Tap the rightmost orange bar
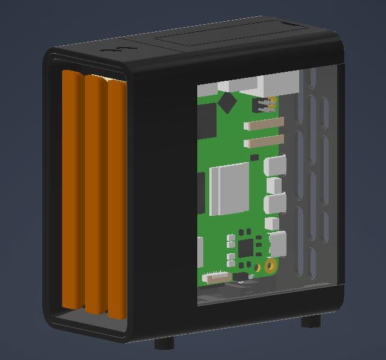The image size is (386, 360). pyautogui.click(x=117, y=199)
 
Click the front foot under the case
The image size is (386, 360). pyautogui.click(x=164, y=344)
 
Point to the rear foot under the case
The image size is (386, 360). pyautogui.click(x=310, y=321)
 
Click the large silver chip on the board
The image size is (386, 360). pyautogui.click(x=229, y=188)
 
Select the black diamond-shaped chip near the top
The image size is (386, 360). pyautogui.click(x=227, y=102)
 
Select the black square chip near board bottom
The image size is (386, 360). pyautogui.click(x=246, y=247)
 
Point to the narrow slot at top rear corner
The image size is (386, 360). pyautogui.click(x=290, y=24)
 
